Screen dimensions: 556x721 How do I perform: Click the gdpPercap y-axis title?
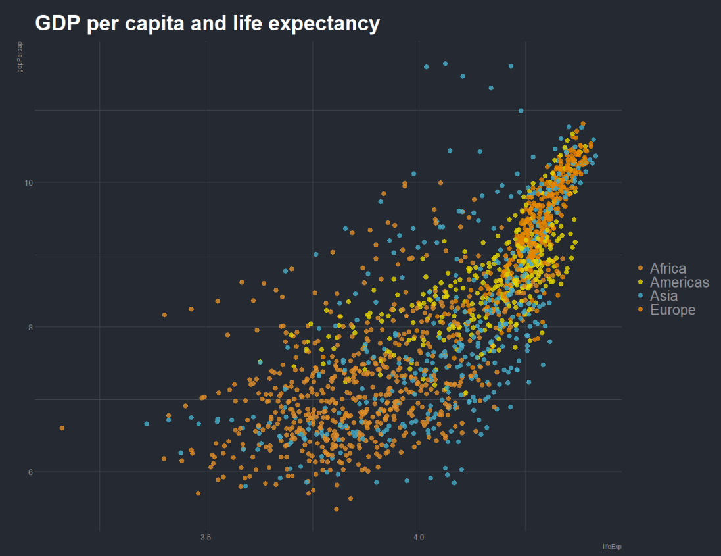[x=20, y=57]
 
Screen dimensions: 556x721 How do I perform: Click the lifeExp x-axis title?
[x=612, y=547]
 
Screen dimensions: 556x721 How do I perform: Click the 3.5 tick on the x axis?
[x=206, y=536]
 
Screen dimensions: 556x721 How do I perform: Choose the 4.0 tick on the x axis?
[x=419, y=536]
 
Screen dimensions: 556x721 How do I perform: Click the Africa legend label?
[x=668, y=268]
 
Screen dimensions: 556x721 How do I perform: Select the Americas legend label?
[x=680, y=282]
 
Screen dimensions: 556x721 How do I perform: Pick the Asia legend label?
[x=663, y=296]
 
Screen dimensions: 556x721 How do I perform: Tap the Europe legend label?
[x=672, y=310]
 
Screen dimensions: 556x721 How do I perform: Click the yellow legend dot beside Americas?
[x=641, y=282]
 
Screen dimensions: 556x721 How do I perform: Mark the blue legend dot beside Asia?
[x=641, y=296]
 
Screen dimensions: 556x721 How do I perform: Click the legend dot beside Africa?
[x=641, y=268]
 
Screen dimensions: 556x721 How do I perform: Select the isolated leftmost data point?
[x=62, y=428]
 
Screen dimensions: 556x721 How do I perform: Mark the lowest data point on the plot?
[x=337, y=509]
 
